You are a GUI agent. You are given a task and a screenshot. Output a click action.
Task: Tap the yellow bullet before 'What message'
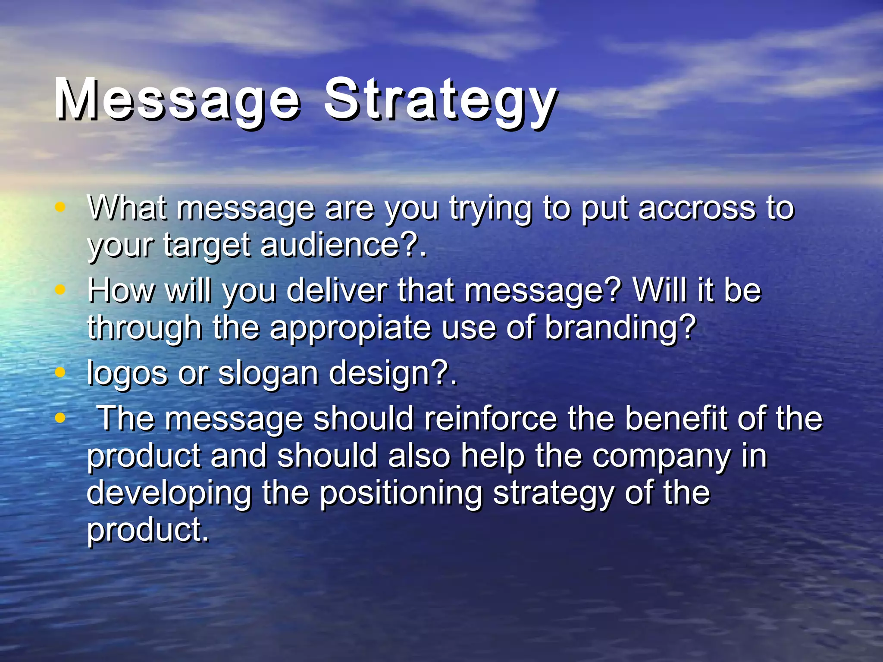[60, 207]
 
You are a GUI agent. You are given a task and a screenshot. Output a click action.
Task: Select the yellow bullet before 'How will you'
[60, 290]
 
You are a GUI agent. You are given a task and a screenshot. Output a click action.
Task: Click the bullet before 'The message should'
[60, 417]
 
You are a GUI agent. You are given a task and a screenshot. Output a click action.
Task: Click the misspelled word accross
[697, 208]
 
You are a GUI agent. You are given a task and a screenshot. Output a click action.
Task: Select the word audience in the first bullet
[330, 245]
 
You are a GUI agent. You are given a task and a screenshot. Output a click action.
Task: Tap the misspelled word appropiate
[350, 328]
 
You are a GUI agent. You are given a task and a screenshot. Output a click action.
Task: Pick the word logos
[127, 373]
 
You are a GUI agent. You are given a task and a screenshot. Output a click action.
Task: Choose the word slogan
[268, 373]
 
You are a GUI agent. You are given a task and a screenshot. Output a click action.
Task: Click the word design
[379, 373]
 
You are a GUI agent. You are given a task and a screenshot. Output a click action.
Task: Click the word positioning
[401, 493]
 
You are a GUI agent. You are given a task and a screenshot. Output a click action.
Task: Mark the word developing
[169, 493]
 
